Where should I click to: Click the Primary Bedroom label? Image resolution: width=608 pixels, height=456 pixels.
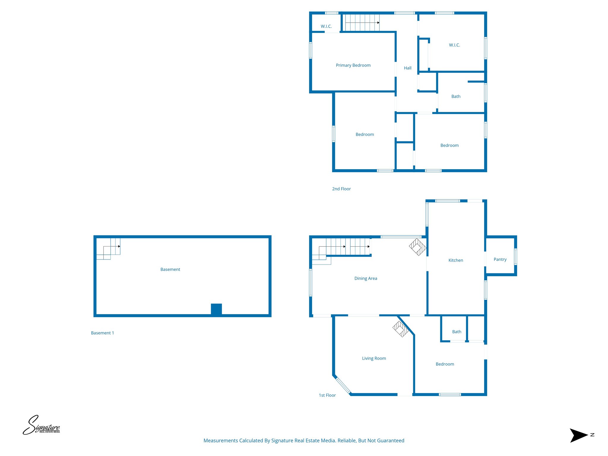[x=353, y=65]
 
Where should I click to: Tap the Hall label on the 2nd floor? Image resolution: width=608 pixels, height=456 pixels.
[x=408, y=68]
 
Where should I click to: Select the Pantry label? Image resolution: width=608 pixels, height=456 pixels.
[x=500, y=259]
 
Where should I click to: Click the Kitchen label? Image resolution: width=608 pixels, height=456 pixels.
[x=456, y=260]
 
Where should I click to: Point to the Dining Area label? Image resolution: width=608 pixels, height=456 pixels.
[x=366, y=278]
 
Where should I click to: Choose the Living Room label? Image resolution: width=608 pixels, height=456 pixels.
[x=374, y=358]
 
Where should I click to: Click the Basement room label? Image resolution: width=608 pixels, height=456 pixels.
[x=170, y=270]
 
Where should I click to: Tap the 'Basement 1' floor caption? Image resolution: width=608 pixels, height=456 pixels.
[x=102, y=333]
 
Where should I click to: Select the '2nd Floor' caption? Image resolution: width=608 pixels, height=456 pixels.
[x=341, y=189]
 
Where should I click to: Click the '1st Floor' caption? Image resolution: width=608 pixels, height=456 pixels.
[x=327, y=395]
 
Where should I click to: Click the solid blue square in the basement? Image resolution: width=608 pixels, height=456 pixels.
[x=216, y=309]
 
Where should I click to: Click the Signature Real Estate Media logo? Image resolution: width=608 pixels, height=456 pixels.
[x=42, y=425]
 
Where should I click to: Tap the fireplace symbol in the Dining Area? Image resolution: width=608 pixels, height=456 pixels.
[x=418, y=247]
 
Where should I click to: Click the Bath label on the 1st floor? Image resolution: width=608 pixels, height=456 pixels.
[x=457, y=332]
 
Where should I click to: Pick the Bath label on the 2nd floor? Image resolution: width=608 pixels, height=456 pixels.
[x=456, y=96]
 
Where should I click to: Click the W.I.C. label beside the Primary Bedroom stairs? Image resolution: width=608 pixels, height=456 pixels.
[x=326, y=26]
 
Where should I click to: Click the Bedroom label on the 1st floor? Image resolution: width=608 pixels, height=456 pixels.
[x=445, y=364]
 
